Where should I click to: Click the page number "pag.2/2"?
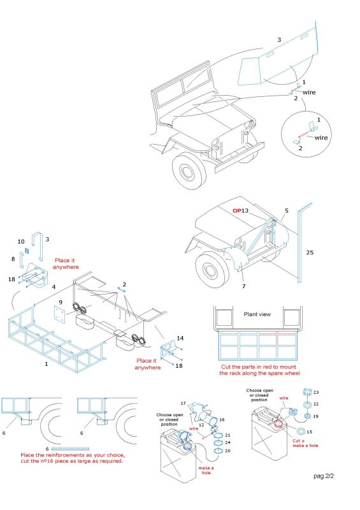click(324, 476)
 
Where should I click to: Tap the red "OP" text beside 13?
click(237, 210)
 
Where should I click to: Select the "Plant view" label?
click(257, 314)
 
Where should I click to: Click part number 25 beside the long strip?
click(310, 252)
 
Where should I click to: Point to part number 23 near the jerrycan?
click(316, 393)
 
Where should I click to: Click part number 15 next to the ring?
click(309, 432)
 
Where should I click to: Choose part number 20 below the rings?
click(227, 451)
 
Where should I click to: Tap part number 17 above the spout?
click(183, 404)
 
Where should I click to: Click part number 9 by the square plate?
click(60, 302)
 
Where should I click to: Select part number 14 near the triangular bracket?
click(180, 339)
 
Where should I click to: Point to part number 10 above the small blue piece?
click(21, 242)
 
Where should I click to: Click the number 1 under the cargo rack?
click(46, 363)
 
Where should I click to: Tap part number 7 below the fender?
click(243, 286)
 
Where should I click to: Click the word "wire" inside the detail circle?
click(321, 138)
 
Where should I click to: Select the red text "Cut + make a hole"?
click(305, 443)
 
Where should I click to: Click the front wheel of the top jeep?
click(189, 171)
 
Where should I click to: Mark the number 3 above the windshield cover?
click(279, 40)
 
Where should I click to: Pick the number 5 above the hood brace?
click(287, 210)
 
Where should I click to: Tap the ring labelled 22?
click(306, 405)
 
